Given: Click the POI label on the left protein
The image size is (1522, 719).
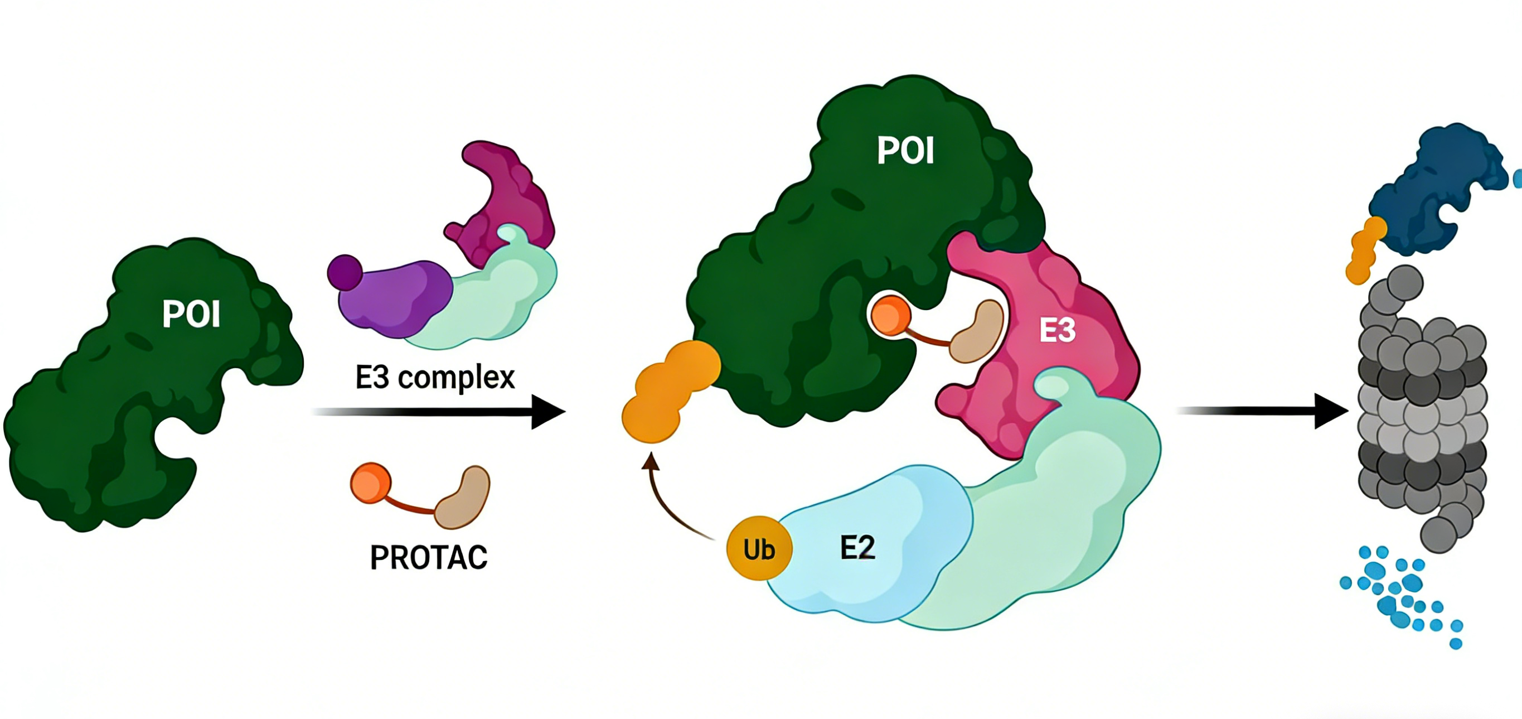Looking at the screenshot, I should [x=191, y=314].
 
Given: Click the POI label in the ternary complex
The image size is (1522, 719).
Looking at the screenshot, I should [x=905, y=151].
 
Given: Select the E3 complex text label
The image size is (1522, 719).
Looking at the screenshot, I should [x=435, y=377].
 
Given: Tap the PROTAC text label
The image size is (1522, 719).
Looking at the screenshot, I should [x=428, y=557].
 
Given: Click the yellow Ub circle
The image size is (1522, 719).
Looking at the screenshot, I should [x=759, y=549].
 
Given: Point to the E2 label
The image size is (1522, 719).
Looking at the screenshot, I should [x=857, y=548].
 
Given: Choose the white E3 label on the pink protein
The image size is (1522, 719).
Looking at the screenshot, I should [x=1057, y=330].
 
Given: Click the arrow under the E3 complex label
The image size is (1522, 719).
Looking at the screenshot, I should [x=437, y=412].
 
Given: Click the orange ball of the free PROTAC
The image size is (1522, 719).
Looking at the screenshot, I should [x=370, y=483].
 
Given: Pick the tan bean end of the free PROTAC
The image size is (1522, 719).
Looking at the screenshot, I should [x=464, y=496].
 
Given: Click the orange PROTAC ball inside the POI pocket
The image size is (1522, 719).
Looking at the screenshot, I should [x=891, y=315].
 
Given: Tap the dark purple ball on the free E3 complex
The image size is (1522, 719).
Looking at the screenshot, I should [x=345, y=272].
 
